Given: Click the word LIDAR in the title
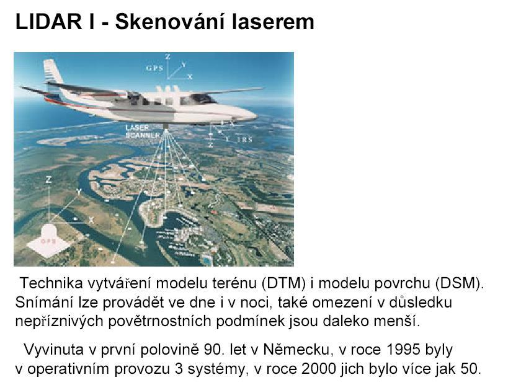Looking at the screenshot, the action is click(48, 22).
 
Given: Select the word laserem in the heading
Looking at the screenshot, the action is click(274, 22).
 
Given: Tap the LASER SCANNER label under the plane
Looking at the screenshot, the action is click(143, 131).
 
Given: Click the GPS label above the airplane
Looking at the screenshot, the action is click(154, 68).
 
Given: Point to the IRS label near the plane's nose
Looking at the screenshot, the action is click(244, 139).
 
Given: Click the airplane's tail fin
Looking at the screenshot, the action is click(54, 73).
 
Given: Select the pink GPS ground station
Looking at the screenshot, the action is click(49, 240).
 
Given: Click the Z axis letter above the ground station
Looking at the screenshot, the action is click(48, 180).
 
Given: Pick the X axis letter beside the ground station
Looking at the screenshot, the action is click(92, 220).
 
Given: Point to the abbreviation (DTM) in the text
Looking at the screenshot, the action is click(283, 283).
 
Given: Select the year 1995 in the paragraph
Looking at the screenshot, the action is click(403, 350).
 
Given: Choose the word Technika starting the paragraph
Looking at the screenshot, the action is click(51, 283).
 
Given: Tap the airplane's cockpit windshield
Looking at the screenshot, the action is click(204, 98).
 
